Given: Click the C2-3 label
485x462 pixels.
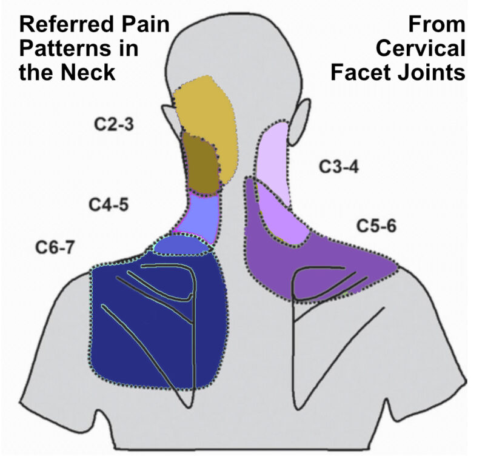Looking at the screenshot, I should [x=113, y=126].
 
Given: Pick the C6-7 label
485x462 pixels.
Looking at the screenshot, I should [x=53, y=247].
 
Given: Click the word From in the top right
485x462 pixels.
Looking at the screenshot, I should [x=436, y=25].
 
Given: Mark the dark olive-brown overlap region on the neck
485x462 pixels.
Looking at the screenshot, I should [x=200, y=164].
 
